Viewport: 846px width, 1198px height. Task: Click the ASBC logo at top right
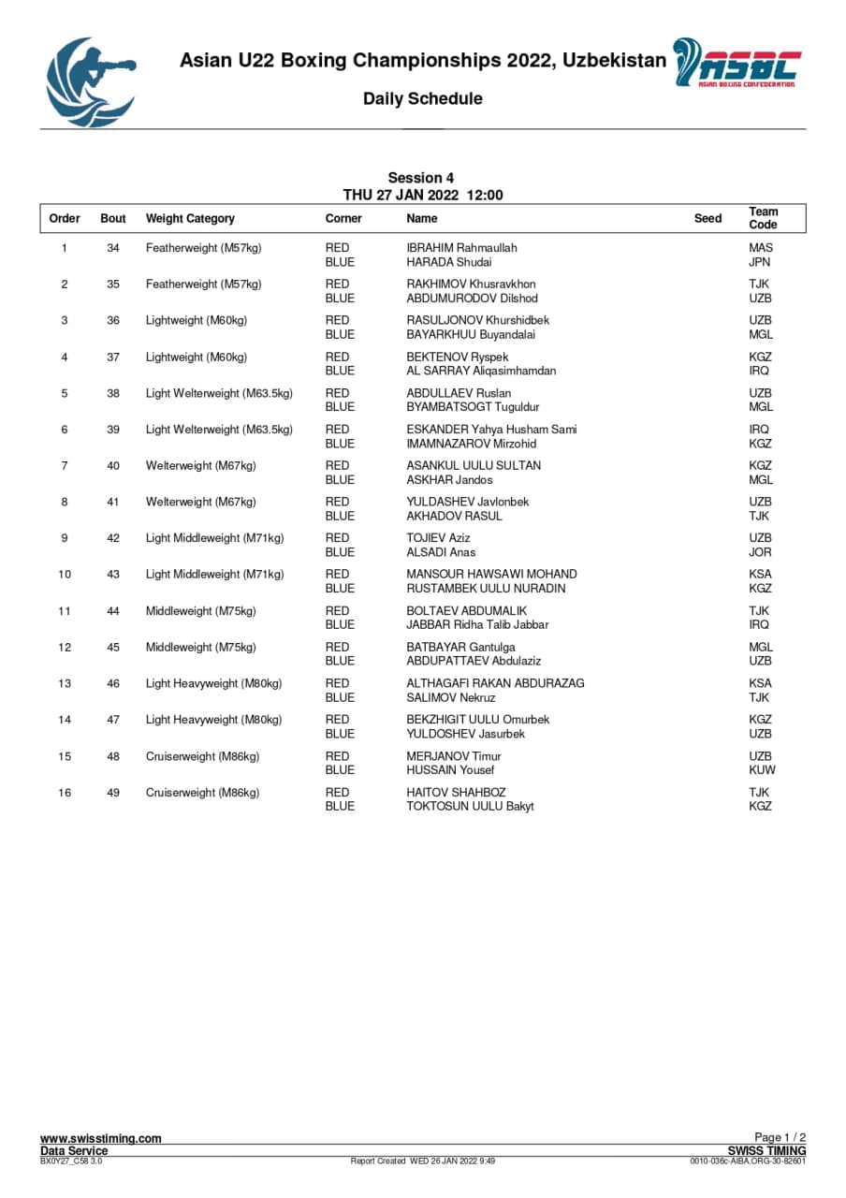737,64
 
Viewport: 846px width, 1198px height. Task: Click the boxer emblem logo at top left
90,82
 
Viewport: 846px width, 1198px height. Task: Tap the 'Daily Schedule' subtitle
423,99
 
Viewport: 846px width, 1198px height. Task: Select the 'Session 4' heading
421,178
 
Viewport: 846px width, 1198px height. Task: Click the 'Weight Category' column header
190,218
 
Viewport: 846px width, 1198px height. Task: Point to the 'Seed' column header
707,218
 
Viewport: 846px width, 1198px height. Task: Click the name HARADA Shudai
448,262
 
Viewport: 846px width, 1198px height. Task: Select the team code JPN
760,262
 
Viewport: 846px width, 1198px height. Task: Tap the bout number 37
113,357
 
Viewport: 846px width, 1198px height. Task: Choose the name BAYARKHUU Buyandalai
471,334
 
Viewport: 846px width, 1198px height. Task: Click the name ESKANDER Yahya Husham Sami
491,430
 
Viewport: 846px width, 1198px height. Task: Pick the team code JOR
760,552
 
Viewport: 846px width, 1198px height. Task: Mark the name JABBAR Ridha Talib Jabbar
477,624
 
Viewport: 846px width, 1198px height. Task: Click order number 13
65,683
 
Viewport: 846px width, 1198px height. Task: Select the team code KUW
762,769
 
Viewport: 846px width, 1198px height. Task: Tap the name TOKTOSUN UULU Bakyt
470,806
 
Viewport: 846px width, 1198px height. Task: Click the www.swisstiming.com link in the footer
100,1138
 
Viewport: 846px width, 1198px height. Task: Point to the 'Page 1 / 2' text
780,1138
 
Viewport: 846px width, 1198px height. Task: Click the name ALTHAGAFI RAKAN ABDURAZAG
495,683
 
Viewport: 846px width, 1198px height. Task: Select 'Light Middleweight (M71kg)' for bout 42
214,538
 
